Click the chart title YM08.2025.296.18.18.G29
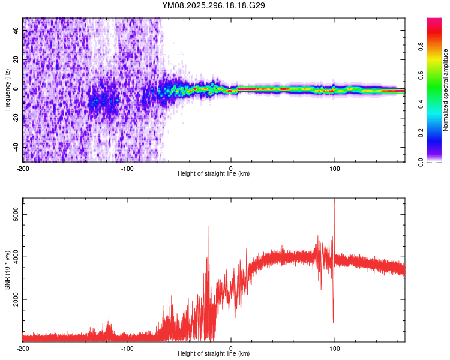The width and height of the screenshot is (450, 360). point(214,5)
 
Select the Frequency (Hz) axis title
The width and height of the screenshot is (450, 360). point(7,90)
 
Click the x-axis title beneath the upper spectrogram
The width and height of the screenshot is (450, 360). point(214,174)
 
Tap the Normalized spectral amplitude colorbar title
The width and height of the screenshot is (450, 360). point(445,90)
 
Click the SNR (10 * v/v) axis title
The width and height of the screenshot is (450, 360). point(7,270)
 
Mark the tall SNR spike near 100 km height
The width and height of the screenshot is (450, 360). point(334,200)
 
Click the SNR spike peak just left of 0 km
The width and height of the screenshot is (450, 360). point(208,227)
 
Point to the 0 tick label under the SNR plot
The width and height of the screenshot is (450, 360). point(231,347)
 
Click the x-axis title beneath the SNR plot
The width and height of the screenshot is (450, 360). point(214,354)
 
